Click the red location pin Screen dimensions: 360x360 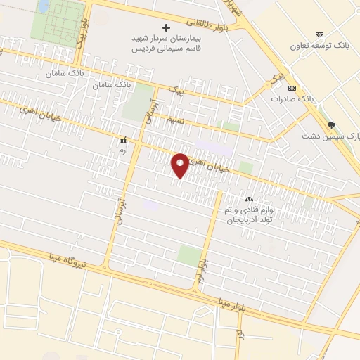coord(180,165)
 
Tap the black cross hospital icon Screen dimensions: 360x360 coord(167,27)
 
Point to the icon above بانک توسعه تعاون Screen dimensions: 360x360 coord(320,34)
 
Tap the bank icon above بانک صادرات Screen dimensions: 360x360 coord(292,88)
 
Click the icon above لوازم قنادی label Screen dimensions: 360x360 coord(249,199)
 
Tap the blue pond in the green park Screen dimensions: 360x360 coord(44,6)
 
